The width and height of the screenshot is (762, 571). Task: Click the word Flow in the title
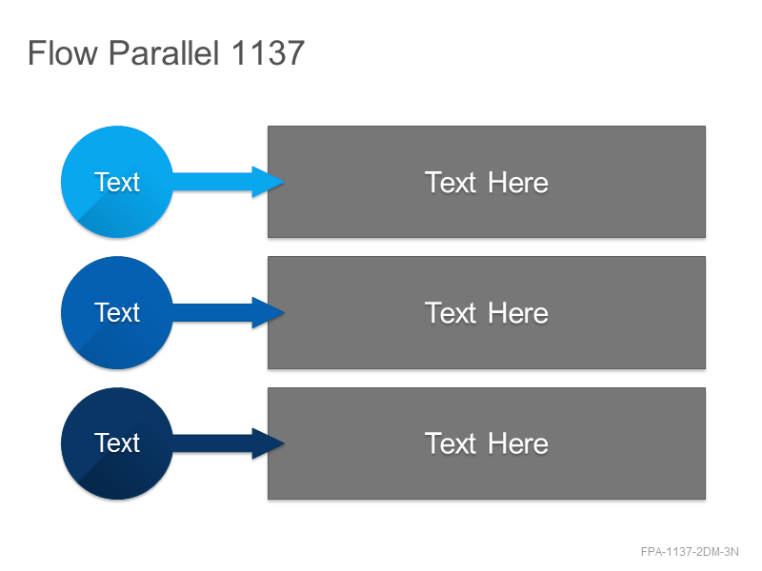point(62,52)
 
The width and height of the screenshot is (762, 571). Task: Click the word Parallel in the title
point(164,52)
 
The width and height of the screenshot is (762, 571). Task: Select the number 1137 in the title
point(268,52)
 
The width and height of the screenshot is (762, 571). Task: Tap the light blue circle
point(117,182)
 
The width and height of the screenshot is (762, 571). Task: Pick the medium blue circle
point(117,313)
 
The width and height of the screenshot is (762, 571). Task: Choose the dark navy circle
point(117,443)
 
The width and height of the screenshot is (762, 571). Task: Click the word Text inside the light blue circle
point(116,182)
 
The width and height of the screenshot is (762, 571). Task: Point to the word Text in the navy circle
point(116,443)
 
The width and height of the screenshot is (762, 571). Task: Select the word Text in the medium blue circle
point(116,312)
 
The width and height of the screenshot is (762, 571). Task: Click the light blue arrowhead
point(268,182)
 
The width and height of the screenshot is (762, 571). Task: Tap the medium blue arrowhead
point(268,313)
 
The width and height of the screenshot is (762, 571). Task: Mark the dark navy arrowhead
point(268,443)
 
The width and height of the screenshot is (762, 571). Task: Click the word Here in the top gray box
point(518,183)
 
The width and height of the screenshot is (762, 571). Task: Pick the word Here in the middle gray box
point(518,313)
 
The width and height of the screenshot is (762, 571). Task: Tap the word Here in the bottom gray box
point(518,443)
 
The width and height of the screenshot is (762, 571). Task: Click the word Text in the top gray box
point(451,183)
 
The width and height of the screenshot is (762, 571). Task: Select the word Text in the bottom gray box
point(451,443)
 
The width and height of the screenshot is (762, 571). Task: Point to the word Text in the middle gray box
point(451,313)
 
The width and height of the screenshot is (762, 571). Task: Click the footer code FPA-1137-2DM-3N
point(690,552)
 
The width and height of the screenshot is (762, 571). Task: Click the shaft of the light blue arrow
point(212,182)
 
